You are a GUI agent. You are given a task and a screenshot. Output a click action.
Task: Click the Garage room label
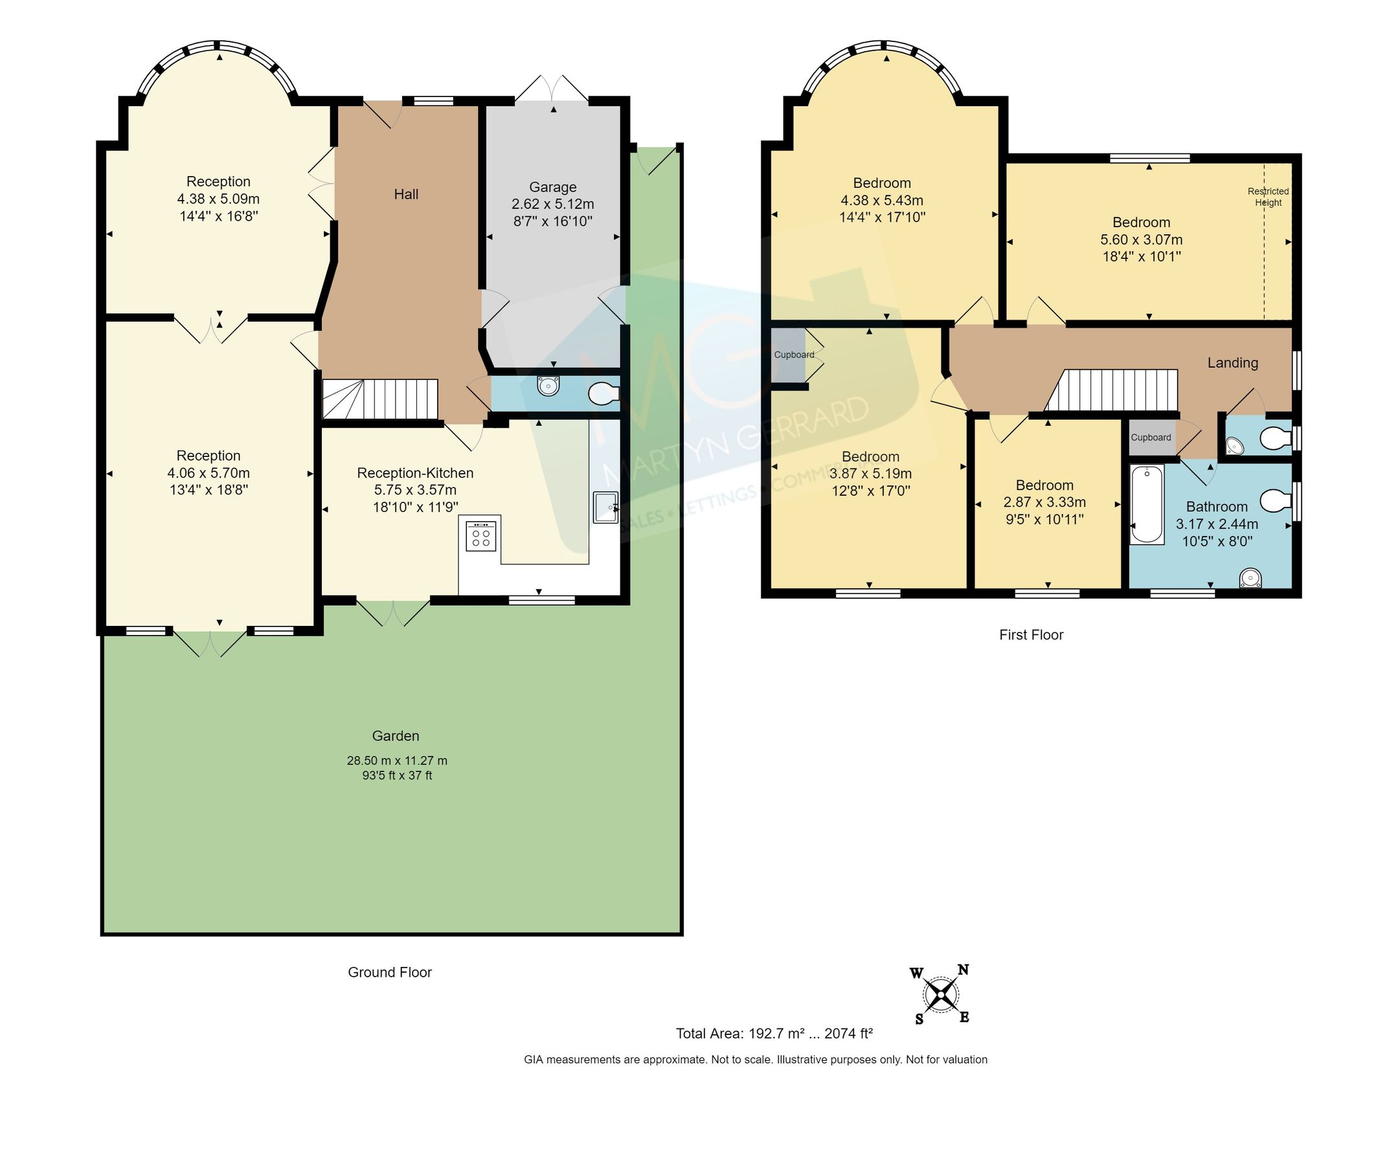click(552, 187)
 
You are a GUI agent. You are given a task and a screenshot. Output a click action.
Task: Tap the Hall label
click(406, 194)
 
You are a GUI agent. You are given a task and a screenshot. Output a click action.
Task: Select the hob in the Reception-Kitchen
click(480, 537)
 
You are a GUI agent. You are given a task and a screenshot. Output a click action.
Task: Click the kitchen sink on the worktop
click(606, 507)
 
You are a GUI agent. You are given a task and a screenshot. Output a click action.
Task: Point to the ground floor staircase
click(380, 399)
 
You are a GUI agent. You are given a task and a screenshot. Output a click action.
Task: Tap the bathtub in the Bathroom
click(1147, 504)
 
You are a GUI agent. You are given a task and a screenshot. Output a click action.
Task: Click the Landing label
click(1232, 362)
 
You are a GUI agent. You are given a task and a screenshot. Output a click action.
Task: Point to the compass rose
click(941, 995)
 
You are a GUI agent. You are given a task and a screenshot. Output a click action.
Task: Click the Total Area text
click(774, 1033)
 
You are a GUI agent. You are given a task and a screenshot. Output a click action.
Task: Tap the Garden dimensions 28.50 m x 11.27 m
click(397, 760)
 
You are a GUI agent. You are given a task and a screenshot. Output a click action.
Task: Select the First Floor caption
click(1030, 635)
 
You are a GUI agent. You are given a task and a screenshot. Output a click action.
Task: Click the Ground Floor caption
click(389, 972)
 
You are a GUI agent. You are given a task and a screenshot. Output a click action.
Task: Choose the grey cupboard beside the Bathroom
click(1151, 437)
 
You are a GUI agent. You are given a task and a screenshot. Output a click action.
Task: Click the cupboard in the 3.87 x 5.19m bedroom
click(789, 355)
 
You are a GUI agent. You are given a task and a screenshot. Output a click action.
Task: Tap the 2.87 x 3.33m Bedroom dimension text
click(1044, 502)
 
